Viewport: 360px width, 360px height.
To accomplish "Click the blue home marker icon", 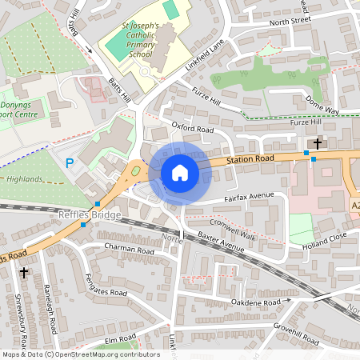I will click(x=180, y=172).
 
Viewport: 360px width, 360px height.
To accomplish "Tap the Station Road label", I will click(x=250, y=159).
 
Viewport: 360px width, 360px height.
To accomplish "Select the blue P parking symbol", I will click(x=70, y=163).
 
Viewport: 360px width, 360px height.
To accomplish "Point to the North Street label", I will click(x=289, y=21).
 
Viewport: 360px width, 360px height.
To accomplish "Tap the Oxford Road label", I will click(x=193, y=128).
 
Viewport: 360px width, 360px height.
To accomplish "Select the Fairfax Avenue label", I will click(x=249, y=196).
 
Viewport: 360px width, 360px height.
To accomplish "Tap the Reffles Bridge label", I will click(x=90, y=215).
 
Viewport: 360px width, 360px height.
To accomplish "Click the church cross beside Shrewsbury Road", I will click(x=23, y=273).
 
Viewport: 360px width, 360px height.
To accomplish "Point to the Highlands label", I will click(x=23, y=179).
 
